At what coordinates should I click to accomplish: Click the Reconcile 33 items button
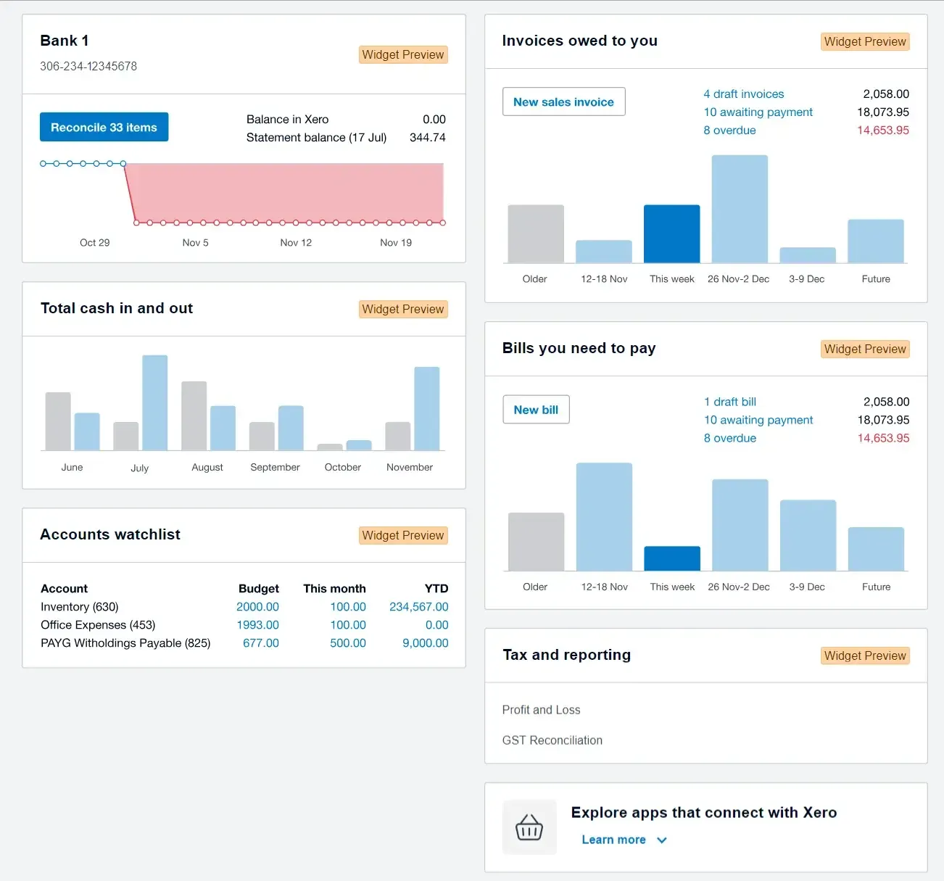coord(104,127)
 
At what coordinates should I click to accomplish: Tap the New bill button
coord(536,410)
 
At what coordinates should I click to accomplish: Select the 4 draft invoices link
coord(743,94)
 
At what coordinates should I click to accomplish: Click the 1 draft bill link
coord(729,402)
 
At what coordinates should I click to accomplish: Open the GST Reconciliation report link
coord(552,740)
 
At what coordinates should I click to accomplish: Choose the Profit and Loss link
coord(541,710)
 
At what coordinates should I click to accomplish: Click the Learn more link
coord(613,840)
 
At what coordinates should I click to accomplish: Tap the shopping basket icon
coord(529,827)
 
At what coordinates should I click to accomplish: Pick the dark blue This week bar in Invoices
coord(671,234)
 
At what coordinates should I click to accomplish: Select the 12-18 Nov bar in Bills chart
coord(604,516)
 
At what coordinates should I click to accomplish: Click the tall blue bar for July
coord(154,402)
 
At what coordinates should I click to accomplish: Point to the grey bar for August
coord(194,415)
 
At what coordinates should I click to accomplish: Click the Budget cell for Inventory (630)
coord(257,607)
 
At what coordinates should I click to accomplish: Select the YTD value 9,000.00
coord(425,643)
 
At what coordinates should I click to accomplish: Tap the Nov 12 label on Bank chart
coord(296,243)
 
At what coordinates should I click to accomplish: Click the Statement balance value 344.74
coord(427,138)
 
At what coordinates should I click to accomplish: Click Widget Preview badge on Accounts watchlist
coord(402,535)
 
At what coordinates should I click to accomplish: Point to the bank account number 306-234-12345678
coord(88,66)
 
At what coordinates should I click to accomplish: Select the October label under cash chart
coord(342,468)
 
